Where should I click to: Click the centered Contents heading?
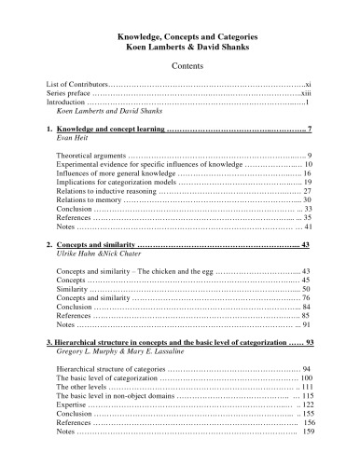pos(179,67)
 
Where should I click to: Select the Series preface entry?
pos(69,93)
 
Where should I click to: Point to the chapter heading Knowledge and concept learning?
pos(108,127)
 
